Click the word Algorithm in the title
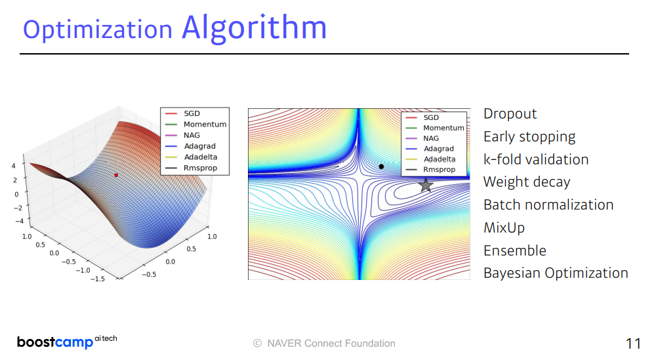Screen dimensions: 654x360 point(254,28)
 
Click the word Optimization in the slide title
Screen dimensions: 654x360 point(98,30)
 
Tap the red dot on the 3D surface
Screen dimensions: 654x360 point(116,175)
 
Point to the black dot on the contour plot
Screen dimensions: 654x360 point(381,167)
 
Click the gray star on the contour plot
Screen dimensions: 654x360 point(426,185)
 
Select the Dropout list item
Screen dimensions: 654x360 point(510,114)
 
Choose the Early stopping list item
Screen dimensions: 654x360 point(529,137)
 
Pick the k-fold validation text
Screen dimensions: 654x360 point(536,159)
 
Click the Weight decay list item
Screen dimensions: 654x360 point(527,182)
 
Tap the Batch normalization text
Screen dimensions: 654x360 point(548,205)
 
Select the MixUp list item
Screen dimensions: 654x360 point(504,228)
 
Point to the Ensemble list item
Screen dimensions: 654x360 point(515,250)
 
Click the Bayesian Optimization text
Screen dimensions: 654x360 point(556,273)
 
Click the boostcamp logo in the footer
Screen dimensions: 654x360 point(67,342)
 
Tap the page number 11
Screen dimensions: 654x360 point(633,344)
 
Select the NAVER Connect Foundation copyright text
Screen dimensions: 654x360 point(324,344)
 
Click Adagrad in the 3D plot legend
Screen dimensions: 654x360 point(200,146)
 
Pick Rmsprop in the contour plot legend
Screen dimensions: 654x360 point(439,170)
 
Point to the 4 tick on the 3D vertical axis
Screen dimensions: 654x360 point(13,166)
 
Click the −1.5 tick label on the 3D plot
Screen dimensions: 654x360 point(98,278)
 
